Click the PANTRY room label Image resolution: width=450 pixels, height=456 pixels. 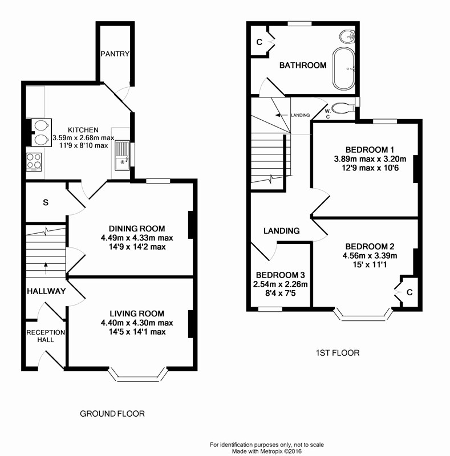pyautogui.click(x=115, y=54)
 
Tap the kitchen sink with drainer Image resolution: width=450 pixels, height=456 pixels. pyautogui.click(x=122, y=155)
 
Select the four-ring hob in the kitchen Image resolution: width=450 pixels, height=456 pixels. pyautogui.click(x=34, y=162)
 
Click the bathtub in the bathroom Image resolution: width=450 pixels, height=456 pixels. pyautogui.click(x=344, y=68)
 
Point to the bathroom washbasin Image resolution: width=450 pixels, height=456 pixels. pyautogui.click(x=347, y=36)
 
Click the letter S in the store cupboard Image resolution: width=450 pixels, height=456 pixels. pyautogui.click(x=46, y=202)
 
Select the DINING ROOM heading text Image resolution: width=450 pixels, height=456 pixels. pyautogui.click(x=137, y=229)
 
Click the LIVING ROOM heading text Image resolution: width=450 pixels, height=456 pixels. pyautogui.click(x=137, y=313)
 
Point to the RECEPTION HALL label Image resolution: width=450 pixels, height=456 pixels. pyautogui.click(x=46, y=336)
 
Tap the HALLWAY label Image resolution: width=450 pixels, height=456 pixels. pyautogui.click(x=46, y=291)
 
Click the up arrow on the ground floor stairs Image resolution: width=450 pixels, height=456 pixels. pyautogui.click(x=46, y=268)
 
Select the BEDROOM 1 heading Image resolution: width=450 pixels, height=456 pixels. pyautogui.click(x=370, y=150)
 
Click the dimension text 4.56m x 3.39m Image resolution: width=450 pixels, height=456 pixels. pyautogui.click(x=370, y=255)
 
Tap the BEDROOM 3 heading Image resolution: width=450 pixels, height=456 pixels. pyautogui.click(x=280, y=275)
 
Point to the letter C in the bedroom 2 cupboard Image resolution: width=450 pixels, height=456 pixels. pyautogui.click(x=410, y=292)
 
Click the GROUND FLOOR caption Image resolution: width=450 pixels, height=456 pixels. pyautogui.click(x=112, y=414)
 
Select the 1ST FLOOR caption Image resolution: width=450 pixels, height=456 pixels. pyautogui.click(x=337, y=353)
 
